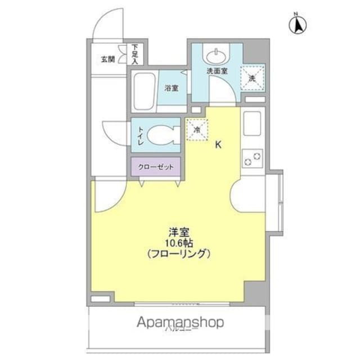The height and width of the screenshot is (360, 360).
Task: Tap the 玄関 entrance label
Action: click(107, 59)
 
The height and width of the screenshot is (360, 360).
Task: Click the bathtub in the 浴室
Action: click(145, 91)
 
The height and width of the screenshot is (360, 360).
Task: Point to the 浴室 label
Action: click(172, 88)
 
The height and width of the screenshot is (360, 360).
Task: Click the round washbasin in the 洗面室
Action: click(217, 56)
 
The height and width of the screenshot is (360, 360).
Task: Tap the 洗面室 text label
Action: click(217, 71)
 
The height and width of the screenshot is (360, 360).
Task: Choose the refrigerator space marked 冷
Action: click(197, 130)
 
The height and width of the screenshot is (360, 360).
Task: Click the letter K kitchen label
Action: click(218, 145)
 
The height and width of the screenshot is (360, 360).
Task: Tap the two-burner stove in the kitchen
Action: click(253, 159)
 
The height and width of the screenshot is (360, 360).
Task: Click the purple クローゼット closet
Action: click(156, 167)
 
